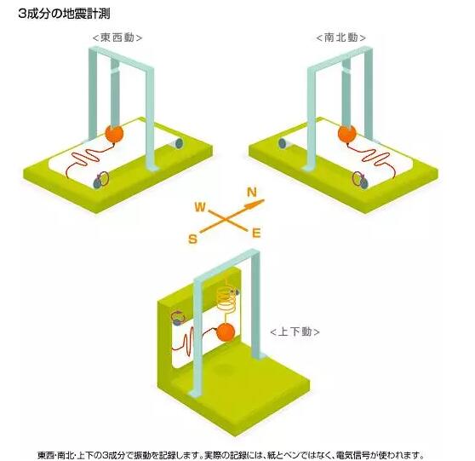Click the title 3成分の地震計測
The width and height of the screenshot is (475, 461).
pos(64,14)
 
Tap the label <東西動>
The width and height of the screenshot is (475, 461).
pos(117,37)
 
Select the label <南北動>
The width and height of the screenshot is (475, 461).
pos(341,37)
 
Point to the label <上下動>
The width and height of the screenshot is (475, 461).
pos(295,331)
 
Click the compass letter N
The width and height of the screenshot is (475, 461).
pos(252,192)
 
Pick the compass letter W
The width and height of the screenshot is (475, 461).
pos(200,207)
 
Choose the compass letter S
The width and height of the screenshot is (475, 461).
pos(192,239)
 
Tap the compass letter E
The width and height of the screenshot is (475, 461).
pos(256,233)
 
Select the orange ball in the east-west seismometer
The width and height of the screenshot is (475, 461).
pos(114,133)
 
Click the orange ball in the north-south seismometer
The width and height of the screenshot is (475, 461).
pos(346,133)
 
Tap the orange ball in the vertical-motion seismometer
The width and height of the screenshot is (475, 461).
pos(226,332)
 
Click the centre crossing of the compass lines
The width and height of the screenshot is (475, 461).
pos(225,219)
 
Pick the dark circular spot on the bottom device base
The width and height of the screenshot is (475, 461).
pos(224,369)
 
